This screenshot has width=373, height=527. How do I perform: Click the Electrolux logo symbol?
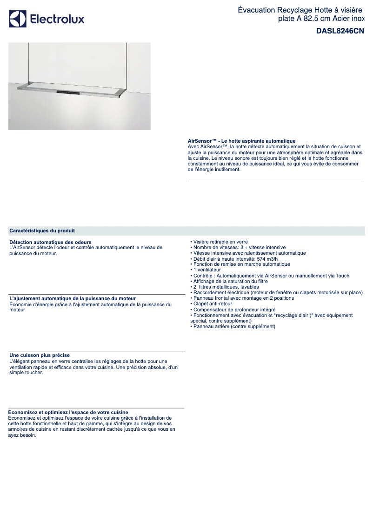pos(18,19)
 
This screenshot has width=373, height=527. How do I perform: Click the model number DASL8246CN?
pos(340,31)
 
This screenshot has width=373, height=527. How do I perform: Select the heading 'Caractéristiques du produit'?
pos(42,231)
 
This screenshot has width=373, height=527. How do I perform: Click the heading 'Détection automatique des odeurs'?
pos(50,242)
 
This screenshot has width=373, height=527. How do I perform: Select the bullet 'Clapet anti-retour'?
pos(213,304)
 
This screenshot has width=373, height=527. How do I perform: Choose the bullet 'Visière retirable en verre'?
pos(220,242)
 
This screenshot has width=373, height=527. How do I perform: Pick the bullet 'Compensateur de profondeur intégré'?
pos(234,310)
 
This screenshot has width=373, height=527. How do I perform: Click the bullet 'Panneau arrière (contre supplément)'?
pos(234,327)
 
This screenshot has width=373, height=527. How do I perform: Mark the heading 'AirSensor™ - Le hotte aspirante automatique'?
pos(241,141)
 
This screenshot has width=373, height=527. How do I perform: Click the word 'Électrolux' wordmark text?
pos(57,19)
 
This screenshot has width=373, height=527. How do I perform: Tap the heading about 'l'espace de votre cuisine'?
pos(68,412)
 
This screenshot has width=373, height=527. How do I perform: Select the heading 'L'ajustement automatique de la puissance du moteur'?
pos(73,298)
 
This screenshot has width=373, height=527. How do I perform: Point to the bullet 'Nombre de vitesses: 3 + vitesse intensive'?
pos(239,248)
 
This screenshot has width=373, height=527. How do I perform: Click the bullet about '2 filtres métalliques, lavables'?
pos(226,287)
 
